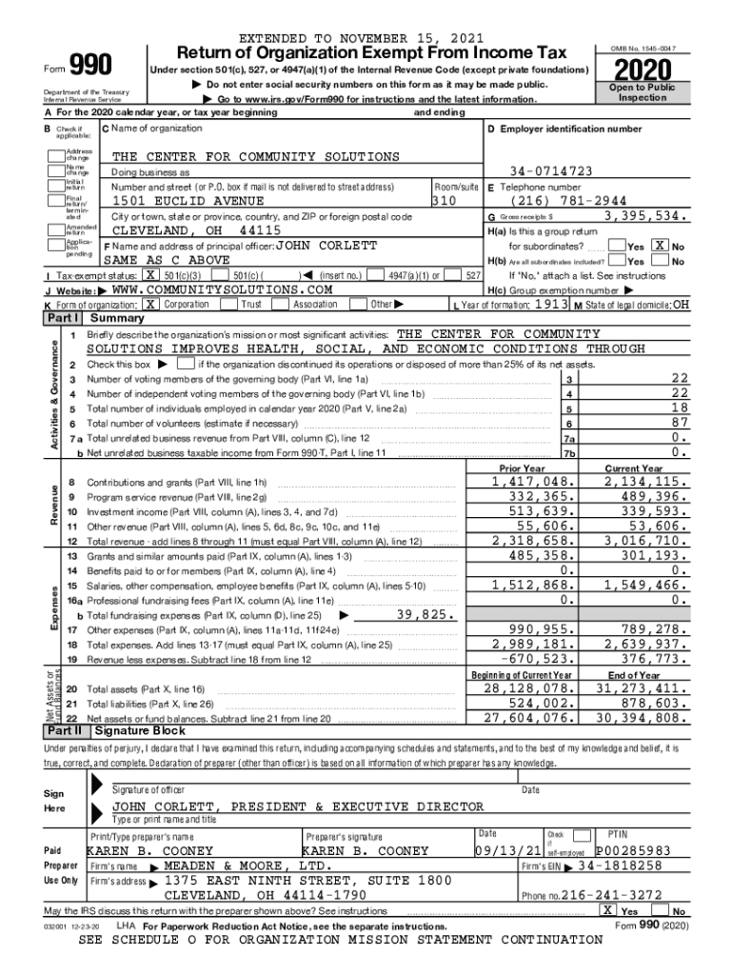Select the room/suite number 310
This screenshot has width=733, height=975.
point(445,202)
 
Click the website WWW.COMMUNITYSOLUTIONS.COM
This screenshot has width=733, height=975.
point(222,289)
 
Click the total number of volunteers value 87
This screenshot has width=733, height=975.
point(679,423)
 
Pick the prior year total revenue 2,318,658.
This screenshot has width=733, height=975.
point(531,539)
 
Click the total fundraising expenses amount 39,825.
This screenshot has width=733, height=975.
point(425,615)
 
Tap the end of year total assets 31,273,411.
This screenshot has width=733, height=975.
point(640,687)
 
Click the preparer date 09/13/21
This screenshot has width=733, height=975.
point(510,850)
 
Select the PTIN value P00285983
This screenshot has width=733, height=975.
point(633,850)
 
